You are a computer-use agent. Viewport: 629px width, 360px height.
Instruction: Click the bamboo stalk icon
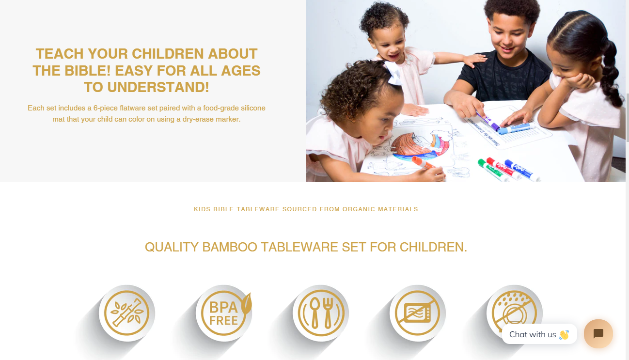[126, 313]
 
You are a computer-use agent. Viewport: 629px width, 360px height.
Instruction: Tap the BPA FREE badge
[224, 313]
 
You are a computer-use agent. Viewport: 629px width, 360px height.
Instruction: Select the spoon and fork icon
[321, 313]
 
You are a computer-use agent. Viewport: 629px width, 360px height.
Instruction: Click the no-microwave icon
[418, 313]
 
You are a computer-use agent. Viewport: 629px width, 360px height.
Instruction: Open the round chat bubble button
[598, 334]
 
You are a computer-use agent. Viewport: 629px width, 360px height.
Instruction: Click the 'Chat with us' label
[533, 334]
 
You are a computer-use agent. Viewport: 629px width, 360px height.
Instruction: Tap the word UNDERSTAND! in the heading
[158, 87]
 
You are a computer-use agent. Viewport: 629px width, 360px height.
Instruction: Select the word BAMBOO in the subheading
[230, 247]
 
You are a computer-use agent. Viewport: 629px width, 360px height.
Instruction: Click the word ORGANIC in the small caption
[359, 209]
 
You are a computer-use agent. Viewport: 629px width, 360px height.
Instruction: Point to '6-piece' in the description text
[106, 108]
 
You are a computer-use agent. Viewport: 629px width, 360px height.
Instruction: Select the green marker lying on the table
[493, 170]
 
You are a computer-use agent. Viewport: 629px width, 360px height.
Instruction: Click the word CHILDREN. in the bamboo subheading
[433, 247]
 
